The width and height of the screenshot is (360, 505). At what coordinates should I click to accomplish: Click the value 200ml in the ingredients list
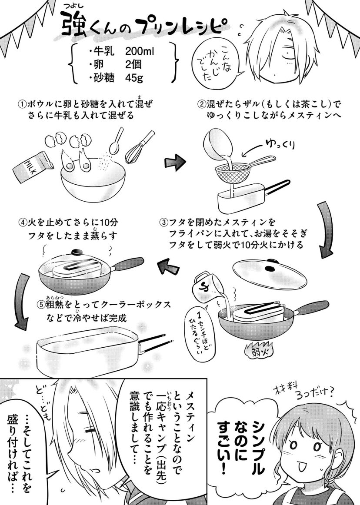click(x=140, y=51)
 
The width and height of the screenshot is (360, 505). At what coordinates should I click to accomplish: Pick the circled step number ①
click(x=22, y=105)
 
